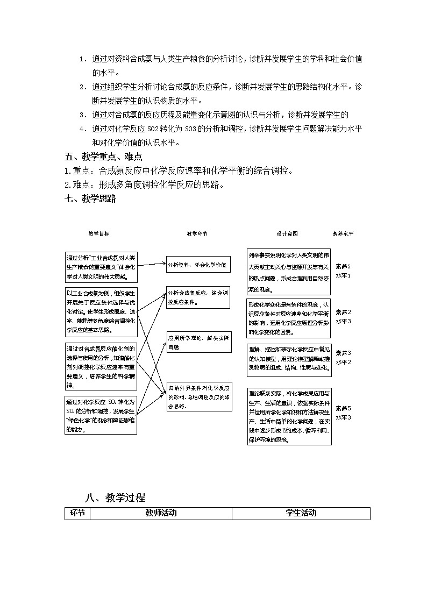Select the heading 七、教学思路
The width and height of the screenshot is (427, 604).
[90, 198]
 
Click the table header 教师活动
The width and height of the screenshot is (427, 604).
[161, 513]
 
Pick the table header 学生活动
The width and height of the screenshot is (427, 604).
[301, 513]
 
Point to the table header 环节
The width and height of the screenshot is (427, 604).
[77, 513]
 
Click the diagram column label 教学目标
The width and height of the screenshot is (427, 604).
[99, 234]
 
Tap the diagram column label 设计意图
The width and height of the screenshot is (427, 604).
[287, 234]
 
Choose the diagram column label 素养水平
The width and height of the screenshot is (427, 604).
[343, 234]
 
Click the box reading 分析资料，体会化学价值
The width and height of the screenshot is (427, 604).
[198, 265]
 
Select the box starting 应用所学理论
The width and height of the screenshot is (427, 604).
[198, 342]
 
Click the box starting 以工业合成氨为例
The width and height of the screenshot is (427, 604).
[101, 311]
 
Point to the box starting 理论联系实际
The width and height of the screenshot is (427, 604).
[289, 416]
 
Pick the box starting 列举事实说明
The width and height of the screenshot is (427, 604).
[289, 272]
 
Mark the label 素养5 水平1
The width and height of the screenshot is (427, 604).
[343, 271]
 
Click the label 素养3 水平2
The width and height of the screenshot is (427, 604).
[343, 357]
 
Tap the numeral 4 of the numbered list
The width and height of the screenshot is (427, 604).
[82, 129]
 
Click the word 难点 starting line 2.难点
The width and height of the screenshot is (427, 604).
[79, 184]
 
